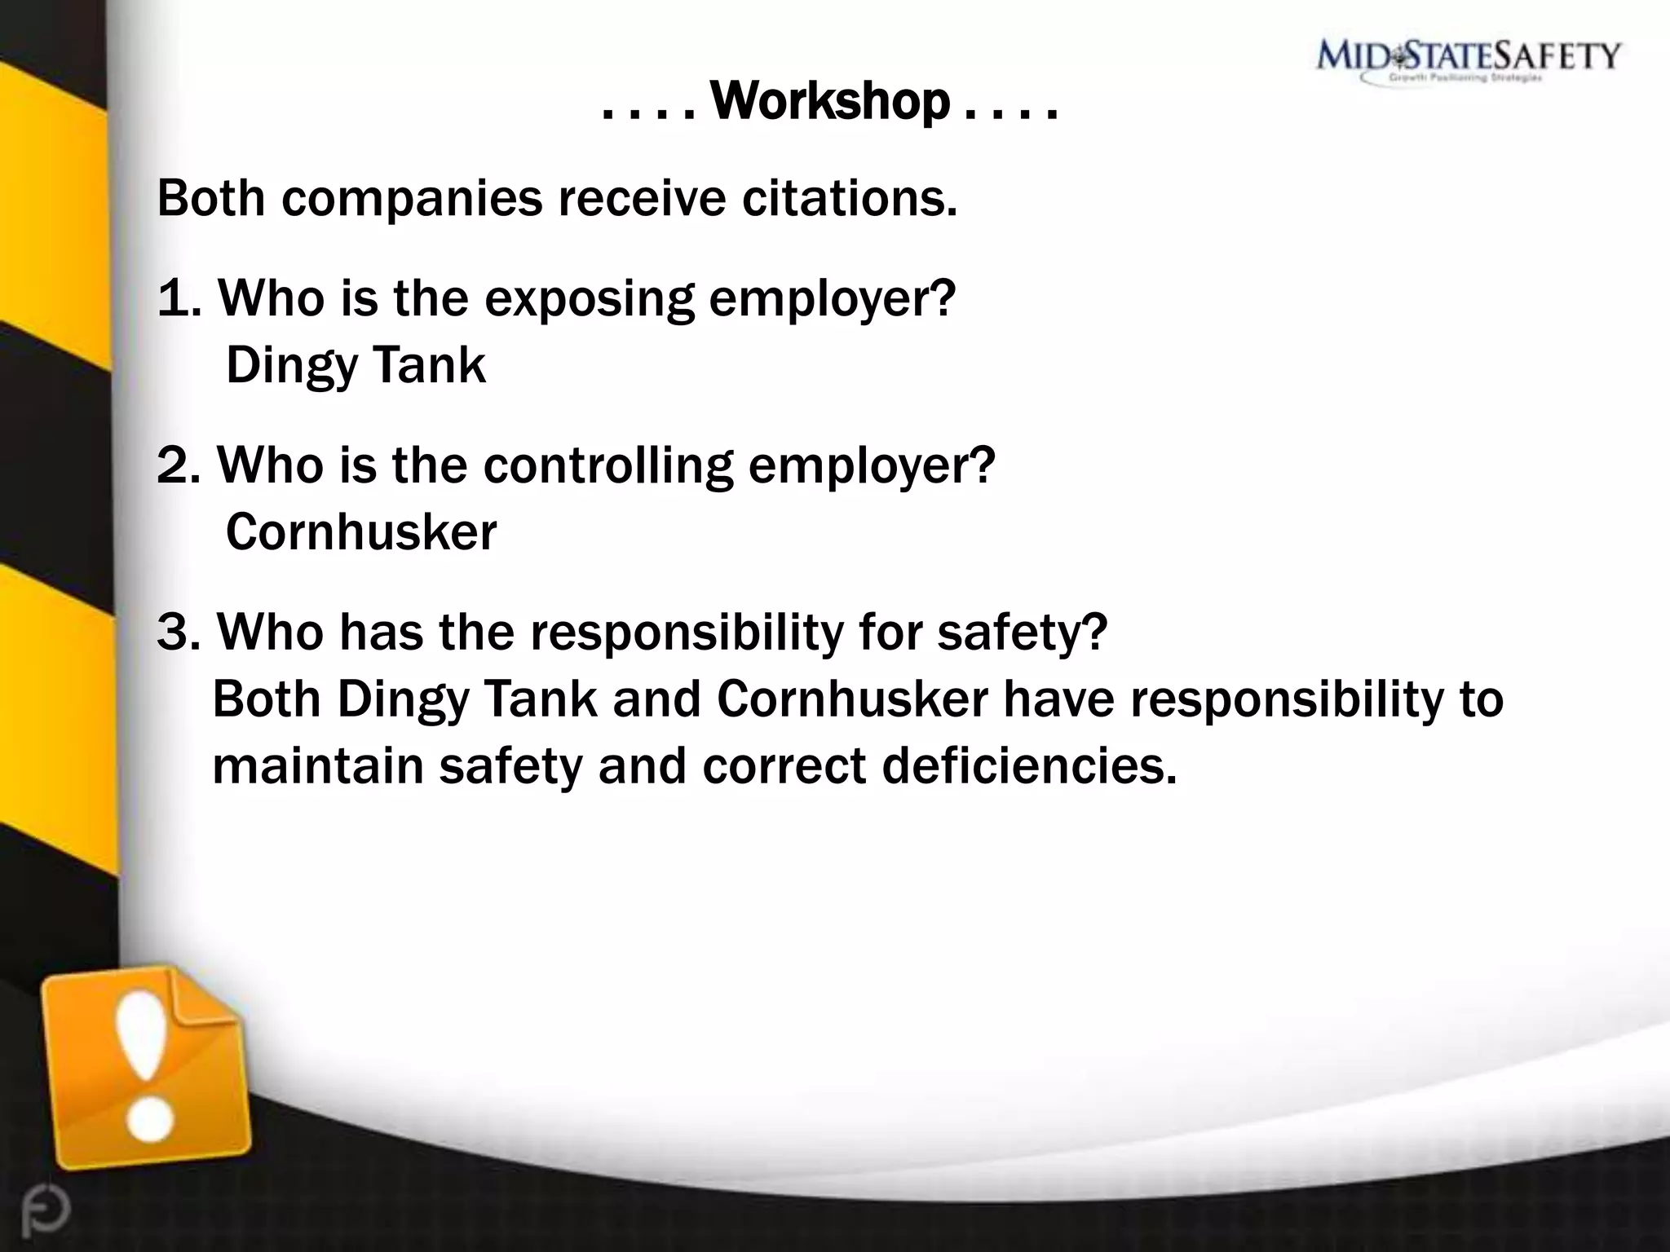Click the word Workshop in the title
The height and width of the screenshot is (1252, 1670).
point(830,104)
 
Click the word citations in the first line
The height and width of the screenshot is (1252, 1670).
point(849,198)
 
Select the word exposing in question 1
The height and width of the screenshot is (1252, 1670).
point(589,299)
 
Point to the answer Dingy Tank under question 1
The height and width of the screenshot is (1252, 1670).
point(356,365)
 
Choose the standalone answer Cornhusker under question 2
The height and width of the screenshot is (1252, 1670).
point(360,532)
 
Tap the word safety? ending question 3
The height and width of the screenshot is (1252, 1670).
point(1023,633)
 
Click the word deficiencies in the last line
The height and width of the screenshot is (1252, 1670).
point(1029,767)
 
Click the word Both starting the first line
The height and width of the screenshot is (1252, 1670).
point(210,198)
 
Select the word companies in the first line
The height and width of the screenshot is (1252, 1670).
point(412,200)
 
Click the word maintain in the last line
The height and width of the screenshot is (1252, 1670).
point(318,767)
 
